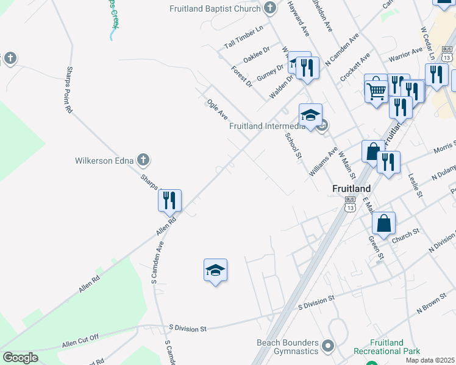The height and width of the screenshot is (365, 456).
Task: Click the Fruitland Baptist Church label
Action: pos(216,9)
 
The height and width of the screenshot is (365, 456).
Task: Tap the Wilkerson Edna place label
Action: pos(104,161)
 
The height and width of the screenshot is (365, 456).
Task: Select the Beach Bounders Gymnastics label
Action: pos(288,347)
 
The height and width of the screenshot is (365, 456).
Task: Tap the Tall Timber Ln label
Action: pos(243,37)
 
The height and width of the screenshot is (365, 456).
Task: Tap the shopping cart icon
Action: pos(377,91)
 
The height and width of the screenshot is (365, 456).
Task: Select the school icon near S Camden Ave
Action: pos(215,269)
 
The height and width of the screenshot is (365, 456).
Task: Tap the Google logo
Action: pos(21,357)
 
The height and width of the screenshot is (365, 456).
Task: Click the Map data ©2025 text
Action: pos(430,360)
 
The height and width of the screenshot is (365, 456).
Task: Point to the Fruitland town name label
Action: pos(352,188)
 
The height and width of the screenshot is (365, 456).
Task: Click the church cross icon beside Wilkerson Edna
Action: pos(143,161)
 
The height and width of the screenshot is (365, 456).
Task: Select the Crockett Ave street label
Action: pos(355,66)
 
